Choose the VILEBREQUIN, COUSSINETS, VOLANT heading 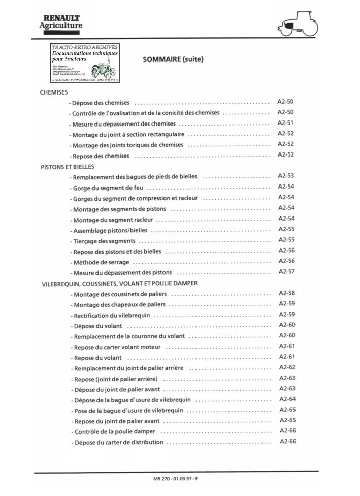coord(119,283)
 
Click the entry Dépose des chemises coord(102,103)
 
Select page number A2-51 coord(286,123)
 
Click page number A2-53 coord(286,176)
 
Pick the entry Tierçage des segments coord(104,241)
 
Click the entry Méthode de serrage coord(101,262)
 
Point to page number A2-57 coord(286,271)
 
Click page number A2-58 coord(287,293)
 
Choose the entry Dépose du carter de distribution coord(119,442)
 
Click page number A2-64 coord(287,399)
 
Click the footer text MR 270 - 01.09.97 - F coord(175,480)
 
